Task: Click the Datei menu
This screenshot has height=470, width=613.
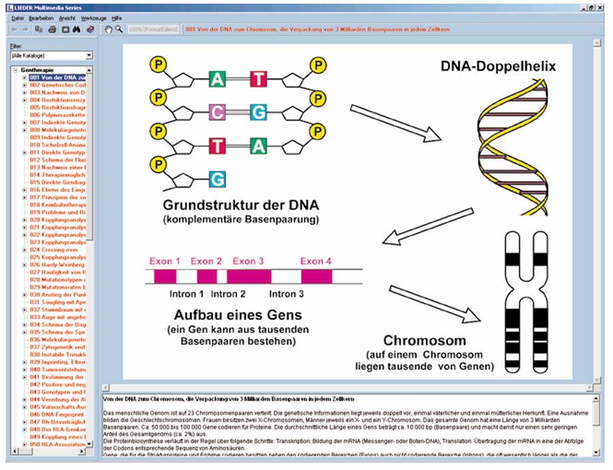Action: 18,18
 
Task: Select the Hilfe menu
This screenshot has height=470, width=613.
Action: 117,18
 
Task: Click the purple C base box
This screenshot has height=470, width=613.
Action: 217,112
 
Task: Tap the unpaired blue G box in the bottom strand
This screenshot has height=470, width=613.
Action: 217,179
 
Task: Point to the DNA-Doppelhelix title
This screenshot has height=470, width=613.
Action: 498,67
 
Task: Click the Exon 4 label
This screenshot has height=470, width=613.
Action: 316,261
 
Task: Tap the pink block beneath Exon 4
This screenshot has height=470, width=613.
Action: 317,277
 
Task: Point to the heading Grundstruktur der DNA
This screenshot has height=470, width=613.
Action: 240,205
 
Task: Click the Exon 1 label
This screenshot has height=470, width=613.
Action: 165,261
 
